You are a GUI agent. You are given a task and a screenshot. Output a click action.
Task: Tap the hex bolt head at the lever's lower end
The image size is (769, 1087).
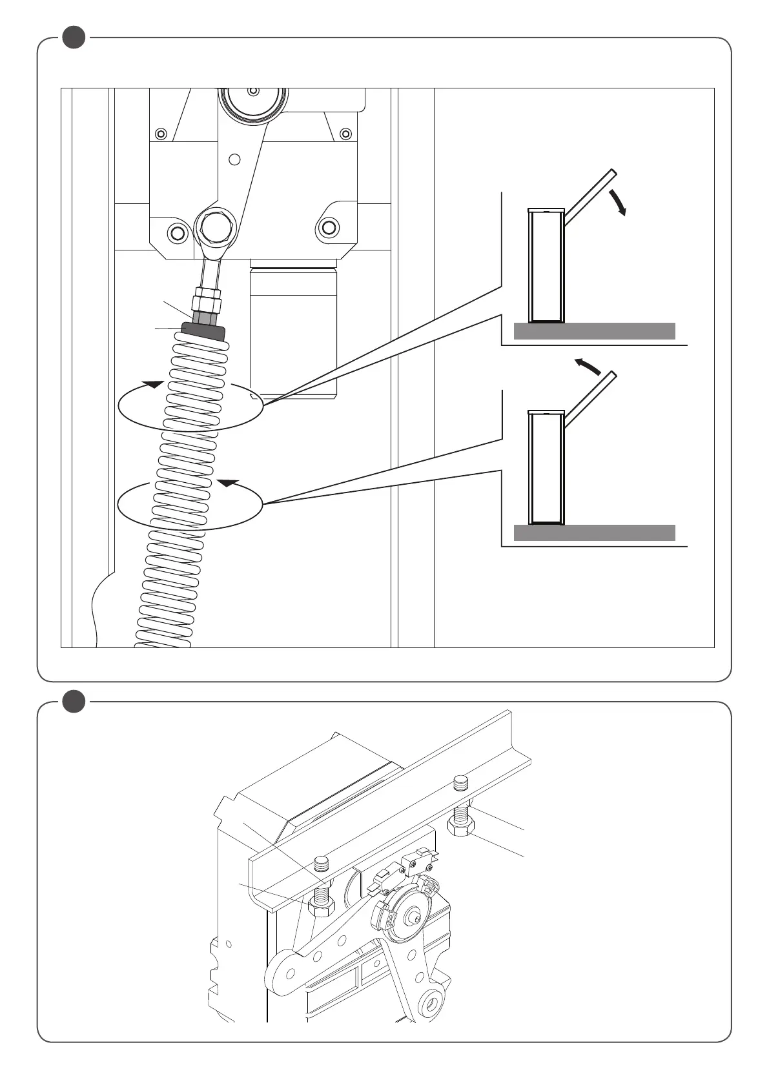tap(216, 225)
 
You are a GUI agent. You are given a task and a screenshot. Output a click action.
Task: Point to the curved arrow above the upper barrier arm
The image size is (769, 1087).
tap(619, 202)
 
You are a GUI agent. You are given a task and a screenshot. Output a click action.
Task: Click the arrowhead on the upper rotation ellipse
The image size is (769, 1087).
tap(152, 384)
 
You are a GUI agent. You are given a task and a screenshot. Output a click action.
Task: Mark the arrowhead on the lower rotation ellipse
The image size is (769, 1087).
tap(228, 482)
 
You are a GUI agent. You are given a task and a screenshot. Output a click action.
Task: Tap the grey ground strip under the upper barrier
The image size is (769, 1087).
tap(594, 331)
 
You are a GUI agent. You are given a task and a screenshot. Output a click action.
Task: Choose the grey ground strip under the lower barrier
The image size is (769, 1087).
tap(594, 533)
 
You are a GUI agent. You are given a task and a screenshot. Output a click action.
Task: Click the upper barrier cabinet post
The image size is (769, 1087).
tap(546, 266)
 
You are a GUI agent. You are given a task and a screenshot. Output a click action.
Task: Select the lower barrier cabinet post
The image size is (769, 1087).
tap(546, 467)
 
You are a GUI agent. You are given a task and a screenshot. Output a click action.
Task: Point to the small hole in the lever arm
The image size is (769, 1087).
tap(235, 159)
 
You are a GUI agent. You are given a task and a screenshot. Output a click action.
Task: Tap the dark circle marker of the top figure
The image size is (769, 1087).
tap(74, 37)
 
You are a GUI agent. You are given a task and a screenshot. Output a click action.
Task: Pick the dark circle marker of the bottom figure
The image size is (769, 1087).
tap(74, 702)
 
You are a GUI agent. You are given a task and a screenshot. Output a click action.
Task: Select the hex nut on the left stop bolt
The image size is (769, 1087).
tap(322, 906)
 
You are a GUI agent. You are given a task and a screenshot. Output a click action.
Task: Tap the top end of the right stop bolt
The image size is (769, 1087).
tap(460, 783)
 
